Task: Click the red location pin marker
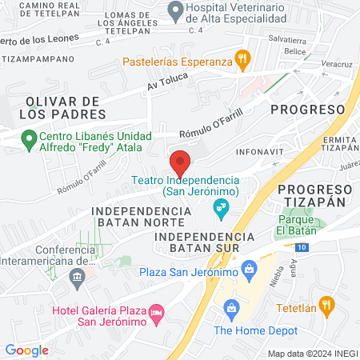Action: [180, 162]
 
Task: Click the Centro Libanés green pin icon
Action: [30, 141]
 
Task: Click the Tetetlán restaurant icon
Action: [326, 305]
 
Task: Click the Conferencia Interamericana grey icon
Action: [78, 279]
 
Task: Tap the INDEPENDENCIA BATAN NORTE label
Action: [142, 218]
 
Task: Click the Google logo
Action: [26, 350]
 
